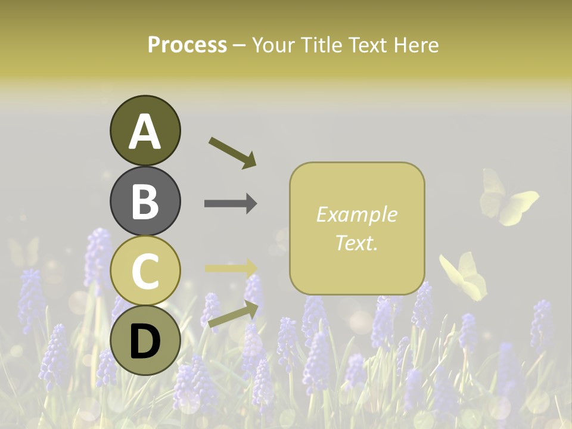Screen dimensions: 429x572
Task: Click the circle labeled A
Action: [145, 130]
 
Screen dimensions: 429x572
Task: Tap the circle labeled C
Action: [145, 271]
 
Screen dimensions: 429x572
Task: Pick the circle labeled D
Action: [145, 341]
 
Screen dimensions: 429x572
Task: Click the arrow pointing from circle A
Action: [232, 153]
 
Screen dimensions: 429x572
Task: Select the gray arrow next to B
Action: [231, 204]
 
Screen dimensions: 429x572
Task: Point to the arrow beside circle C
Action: [231, 268]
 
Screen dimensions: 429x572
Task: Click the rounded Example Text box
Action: [357, 228]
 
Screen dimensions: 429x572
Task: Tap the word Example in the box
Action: [357, 214]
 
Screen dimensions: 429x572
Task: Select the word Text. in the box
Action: [356, 243]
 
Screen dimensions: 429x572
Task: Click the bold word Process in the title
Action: [187, 45]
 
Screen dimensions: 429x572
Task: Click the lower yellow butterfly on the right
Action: [465, 276]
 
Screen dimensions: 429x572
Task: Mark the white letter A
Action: [145, 132]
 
